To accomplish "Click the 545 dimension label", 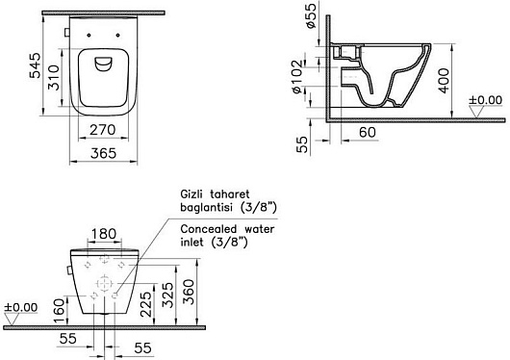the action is pyautogui.click(x=36, y=65).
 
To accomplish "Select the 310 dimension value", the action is pyautogui.click(x=54, y=77).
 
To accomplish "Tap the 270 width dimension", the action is pyautogui.click(x=102, y=130).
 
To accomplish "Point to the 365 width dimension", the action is pyautogui.click(x=103, y=153).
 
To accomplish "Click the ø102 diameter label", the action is pyautogui.click(x=297, y=76).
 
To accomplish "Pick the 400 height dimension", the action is pyautogui.click(x=444, y=81).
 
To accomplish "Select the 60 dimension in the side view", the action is pyautogui.click(x=368, y=132).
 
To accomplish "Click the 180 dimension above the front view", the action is pyautogui.click(x=103, y=234).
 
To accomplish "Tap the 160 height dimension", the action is pyautogui.click(x=60, y=311).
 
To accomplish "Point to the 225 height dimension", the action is pyautogui.click(x=145, y=304).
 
